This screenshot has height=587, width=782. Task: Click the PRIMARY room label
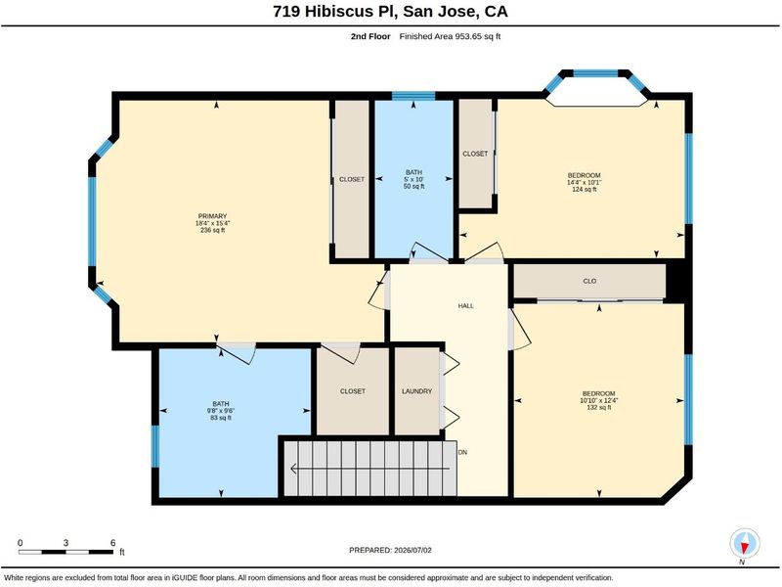[x=212, y=216]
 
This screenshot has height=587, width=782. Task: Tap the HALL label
[x=466, y=305]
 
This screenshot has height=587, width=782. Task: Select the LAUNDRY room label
[x=417, y=391]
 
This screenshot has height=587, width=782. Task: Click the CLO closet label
[x=589, y=281]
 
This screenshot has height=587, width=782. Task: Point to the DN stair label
[x=462, y=452]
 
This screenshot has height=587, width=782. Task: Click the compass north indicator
[x=745, y=545]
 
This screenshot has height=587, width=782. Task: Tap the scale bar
[x=65, y=552]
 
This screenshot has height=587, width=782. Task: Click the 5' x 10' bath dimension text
[x=413, y=179]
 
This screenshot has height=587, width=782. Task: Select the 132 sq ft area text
[x=598, y=407]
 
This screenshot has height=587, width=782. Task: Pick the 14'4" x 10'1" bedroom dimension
[x=584, y=182]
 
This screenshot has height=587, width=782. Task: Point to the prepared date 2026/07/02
[x=413, y=550]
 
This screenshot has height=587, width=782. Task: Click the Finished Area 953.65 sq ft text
[x=450, y=36]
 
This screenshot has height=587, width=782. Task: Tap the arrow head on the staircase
[x=294, y=469]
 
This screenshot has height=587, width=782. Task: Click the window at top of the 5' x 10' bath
[x=413, y=96]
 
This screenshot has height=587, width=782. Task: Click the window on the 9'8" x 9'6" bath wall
[x=155, y=446]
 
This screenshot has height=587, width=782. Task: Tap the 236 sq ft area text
[x=212, y=231]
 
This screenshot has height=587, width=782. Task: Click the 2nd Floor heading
[x=370, y=36]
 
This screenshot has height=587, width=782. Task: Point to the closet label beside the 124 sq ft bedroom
[x=475, y=154]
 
